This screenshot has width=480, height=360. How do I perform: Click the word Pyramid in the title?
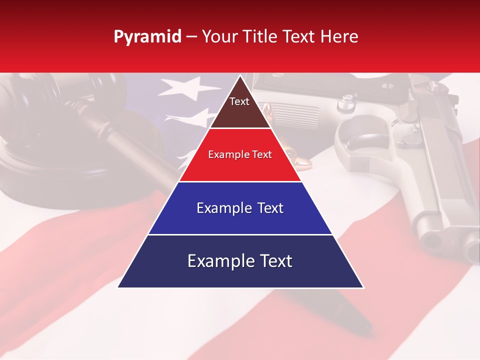147,36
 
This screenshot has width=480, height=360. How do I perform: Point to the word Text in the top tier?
239,101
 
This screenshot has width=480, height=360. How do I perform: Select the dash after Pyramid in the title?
191,36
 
